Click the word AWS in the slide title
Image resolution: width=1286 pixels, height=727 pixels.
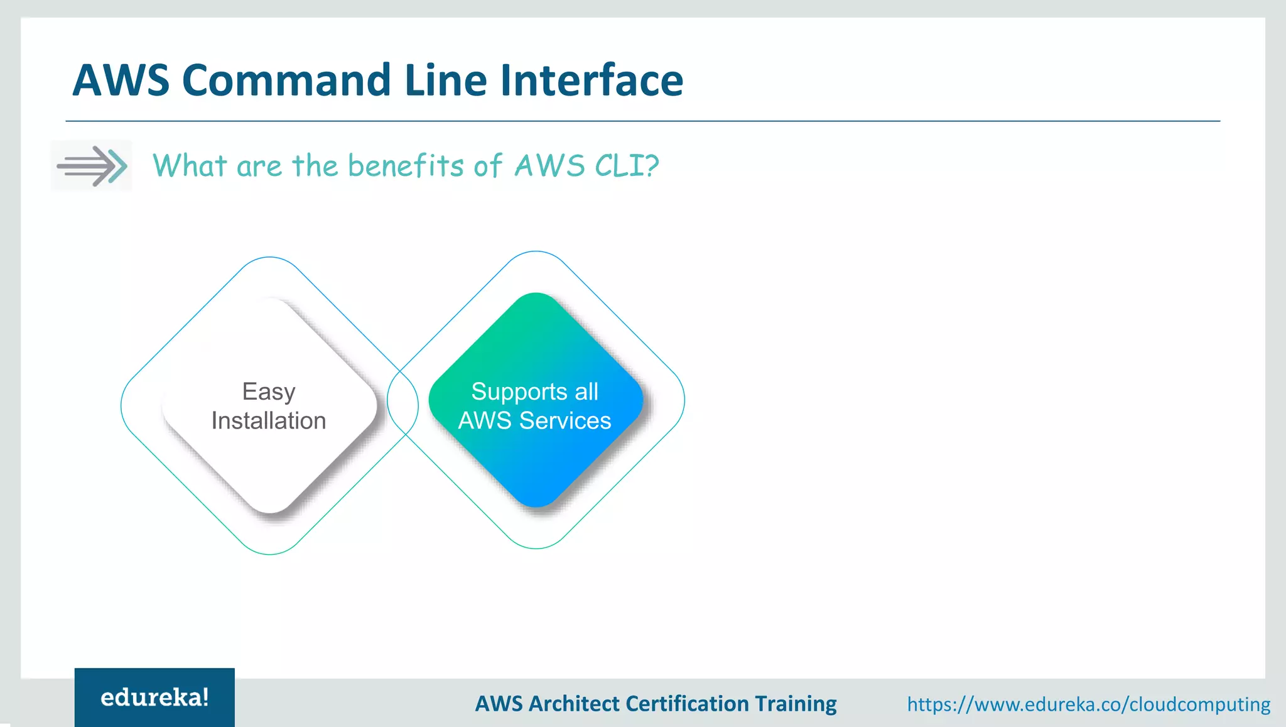(x=121, y=80)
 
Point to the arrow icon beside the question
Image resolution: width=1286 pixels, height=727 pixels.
(x=92, y=166)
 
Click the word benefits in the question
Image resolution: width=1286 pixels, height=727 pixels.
(x=406, y=166)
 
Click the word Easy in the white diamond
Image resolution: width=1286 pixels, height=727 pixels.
(x=269, y=391)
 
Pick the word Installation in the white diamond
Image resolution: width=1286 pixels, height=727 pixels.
(x=269, y=420)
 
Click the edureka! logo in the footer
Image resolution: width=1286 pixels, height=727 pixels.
(x=154, y=697)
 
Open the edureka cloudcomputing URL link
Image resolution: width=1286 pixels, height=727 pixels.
(x=1089, y=704)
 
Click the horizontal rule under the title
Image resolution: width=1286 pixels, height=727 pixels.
(x=643, y=121)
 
